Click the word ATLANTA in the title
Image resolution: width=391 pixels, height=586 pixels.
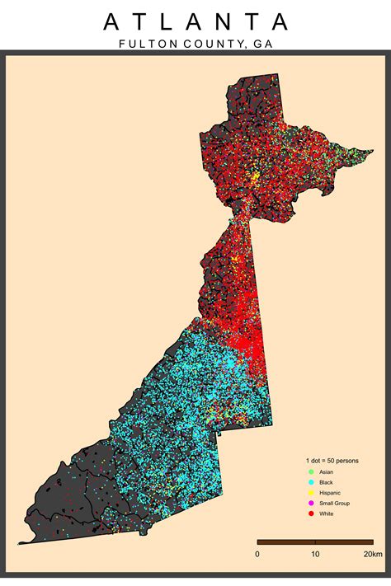[x=195, y=21]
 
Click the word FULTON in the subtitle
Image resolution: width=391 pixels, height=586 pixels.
[x=142, y=44]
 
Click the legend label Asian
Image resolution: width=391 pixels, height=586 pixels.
[x=326, y=471]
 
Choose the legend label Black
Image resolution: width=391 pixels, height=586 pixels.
[x=326, y=481]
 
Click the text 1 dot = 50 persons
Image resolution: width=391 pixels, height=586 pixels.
[x=332, y=459]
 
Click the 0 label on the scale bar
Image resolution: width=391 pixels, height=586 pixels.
[x=257, y=553]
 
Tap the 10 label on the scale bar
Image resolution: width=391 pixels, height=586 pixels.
[x=315, y=553]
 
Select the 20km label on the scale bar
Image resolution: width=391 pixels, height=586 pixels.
[x=372, y=553]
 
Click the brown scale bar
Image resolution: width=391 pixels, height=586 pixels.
[x=315, y=541]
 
